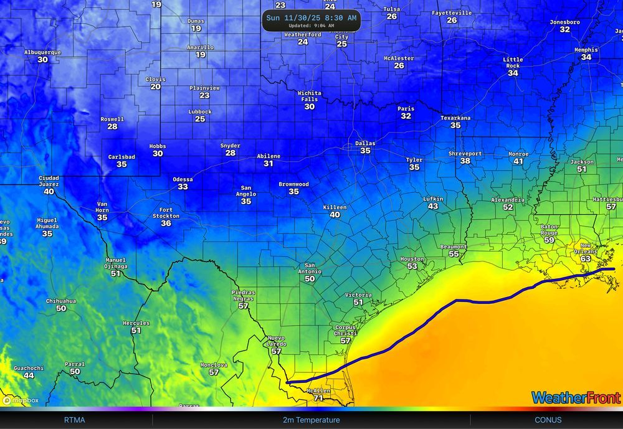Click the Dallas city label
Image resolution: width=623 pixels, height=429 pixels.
coord(365,143)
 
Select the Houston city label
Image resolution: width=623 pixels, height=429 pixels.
coord(412,259)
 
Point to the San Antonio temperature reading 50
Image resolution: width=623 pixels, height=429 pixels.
coord(310,280)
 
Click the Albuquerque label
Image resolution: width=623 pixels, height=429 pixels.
coord(42,52)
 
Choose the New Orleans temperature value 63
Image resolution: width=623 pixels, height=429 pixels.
coord(585,258)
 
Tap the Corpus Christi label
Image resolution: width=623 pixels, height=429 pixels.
coord(345,331)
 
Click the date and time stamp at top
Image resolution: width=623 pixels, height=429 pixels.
coord(311,18)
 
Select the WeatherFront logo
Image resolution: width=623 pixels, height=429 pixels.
coord(576,397)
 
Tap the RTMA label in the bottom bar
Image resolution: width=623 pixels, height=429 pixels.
coord(74,420)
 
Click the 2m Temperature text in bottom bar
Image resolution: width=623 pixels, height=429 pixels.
coord(311,420)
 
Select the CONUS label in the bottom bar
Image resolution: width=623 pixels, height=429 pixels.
coord(548,420)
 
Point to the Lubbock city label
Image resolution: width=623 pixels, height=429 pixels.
coord(200,112)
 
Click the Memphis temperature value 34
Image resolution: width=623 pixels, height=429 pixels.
coord(586,57)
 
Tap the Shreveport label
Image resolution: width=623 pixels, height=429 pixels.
coord(465,153)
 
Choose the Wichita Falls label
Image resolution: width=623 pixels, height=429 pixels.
coord(309,96)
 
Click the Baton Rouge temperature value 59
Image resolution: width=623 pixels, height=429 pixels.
coord(549,240)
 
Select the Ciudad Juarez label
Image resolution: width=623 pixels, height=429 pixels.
coord(49,181)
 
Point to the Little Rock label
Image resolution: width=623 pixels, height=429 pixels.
coord(513,63)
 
